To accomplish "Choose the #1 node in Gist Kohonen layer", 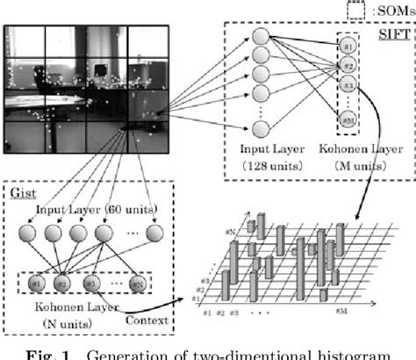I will pos(35,284).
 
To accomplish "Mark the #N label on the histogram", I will pos(231,231).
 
